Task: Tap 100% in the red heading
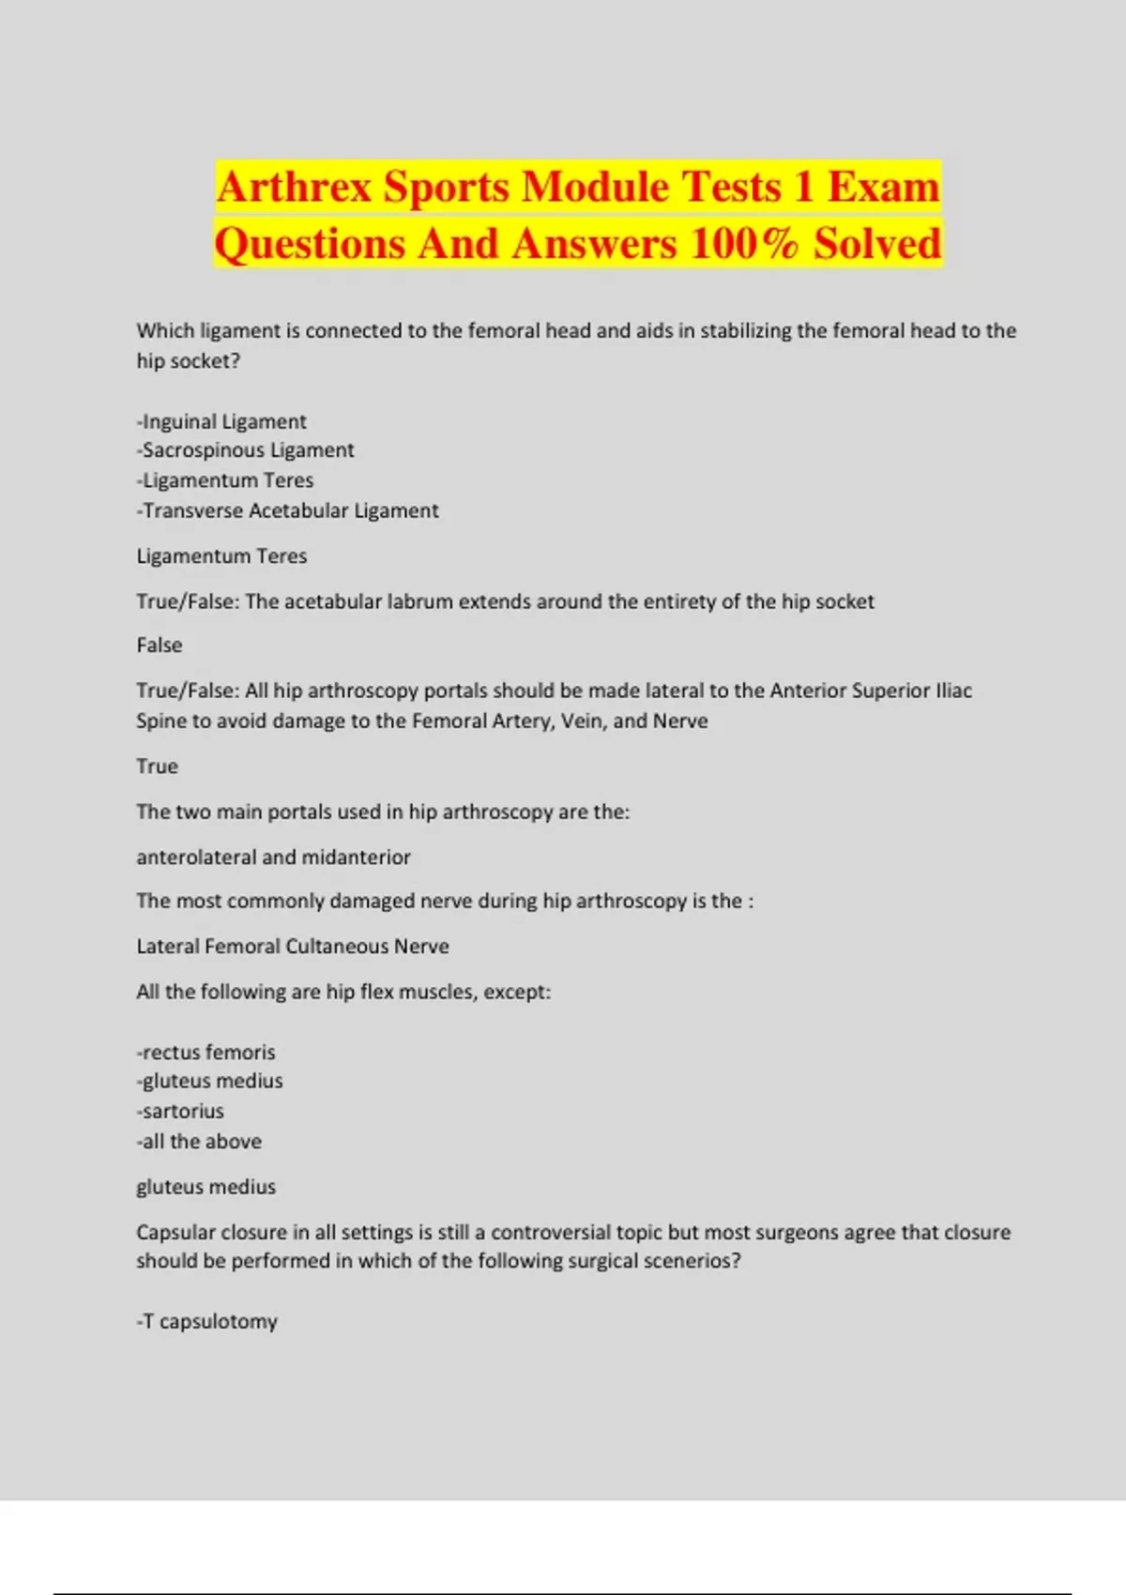coord(744,244)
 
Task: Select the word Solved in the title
coord(876,244)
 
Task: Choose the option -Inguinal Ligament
coord(221,421)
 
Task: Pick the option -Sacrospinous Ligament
coord(245,450)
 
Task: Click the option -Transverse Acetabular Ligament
coord(287,510)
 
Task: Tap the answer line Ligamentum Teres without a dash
coord(221,556)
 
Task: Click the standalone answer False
coord(160,646)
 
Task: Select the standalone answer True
coord(157,767)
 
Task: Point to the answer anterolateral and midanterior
coord(273,857)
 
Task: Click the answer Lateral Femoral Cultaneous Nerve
coord(293,947)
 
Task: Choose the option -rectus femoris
coord(205,1052)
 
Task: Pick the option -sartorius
coord(180,1111)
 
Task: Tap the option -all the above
coord(199,1142)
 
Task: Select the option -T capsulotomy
coord(206,1322)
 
